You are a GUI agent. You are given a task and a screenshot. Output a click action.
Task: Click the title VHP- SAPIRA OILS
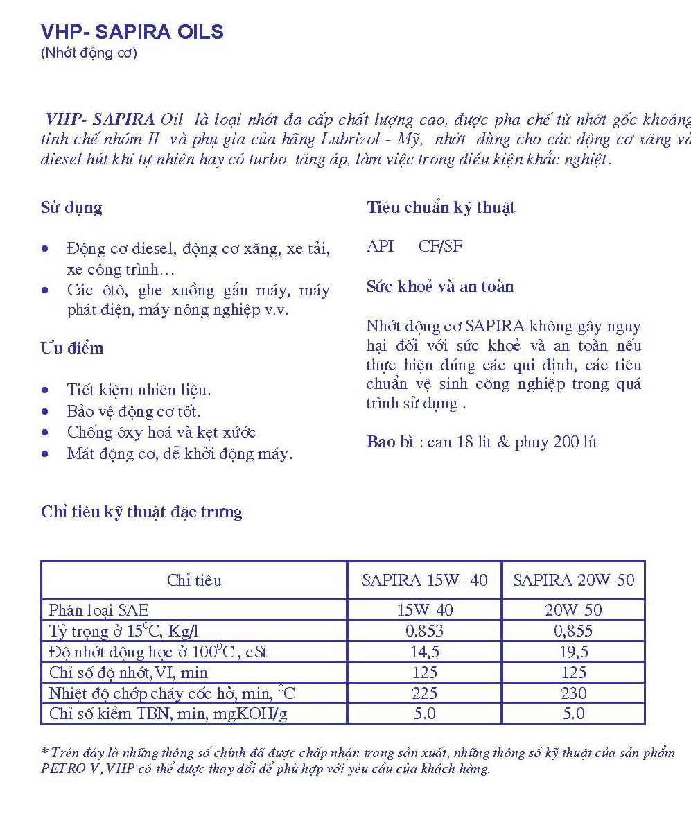[x=132, y=32]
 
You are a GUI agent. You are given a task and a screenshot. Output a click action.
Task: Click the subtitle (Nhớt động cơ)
[x=89, y=53]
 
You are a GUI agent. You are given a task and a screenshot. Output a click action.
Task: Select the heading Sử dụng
[x=71, y=207]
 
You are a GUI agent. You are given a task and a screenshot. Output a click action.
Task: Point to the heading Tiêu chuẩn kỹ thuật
[x=441, y=207]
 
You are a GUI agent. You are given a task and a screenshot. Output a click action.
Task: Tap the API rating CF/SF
[x=440, y=246]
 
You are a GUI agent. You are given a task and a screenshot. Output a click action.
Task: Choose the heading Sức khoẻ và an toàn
[x=440, y=286]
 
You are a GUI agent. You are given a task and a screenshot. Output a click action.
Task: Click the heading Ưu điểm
[x=72, y=348]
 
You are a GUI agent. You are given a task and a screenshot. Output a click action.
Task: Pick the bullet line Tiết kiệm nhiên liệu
[x=139, y=390]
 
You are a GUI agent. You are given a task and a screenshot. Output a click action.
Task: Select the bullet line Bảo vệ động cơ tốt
[x=134, y=411]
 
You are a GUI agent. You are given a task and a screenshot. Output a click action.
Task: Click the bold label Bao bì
[x=390, y=442]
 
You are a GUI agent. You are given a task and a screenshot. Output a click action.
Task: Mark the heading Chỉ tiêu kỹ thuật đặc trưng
[x=141, y=512]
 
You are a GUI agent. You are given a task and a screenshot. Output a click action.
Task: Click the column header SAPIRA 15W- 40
[x=424, y=580]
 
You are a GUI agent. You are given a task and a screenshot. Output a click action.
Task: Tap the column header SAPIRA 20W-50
[x=573, y=580]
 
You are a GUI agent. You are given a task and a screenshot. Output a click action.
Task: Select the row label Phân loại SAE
[x=98, y=610]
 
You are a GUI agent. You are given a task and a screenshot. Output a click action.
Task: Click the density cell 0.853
[x=424, y=631]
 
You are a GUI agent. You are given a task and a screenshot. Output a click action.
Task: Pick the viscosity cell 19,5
[x=573, y=652]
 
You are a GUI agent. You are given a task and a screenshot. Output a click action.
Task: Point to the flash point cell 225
[x=424, y=693]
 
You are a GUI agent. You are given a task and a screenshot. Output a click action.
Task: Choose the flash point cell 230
[x=573, y=693]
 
